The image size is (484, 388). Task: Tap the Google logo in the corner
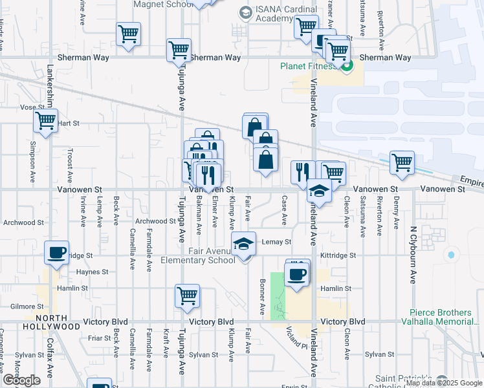21,380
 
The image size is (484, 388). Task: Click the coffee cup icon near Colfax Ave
56,252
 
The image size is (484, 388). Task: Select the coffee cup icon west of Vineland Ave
297,274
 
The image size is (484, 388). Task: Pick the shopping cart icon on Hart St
45,120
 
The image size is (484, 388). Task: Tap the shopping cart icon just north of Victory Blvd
187,296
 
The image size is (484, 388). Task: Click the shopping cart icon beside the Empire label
402,162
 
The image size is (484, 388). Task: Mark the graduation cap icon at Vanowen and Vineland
319,190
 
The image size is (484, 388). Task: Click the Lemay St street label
278,242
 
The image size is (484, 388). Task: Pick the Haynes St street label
92,272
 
